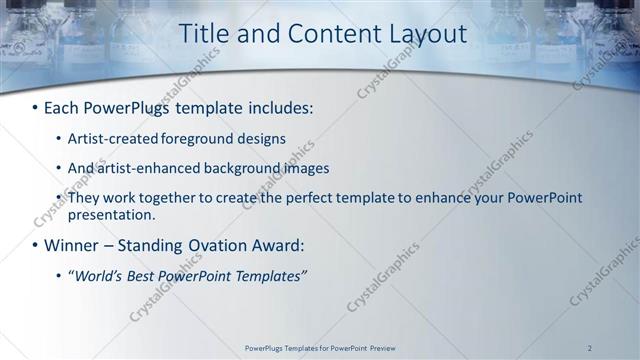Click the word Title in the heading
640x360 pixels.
[202, 34]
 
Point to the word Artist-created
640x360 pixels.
[111, 138]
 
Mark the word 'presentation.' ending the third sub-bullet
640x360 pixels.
[112, 214]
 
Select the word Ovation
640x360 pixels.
[225, 245]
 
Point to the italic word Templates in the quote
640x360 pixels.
[270, 275]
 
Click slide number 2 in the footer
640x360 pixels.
[589, 348]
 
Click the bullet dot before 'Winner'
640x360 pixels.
[36, 245]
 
